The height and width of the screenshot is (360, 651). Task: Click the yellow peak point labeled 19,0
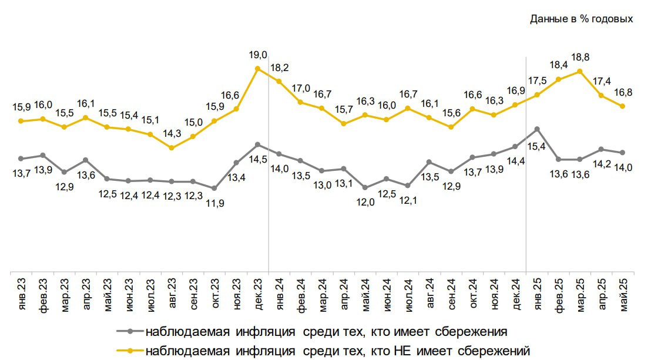[x=257, y=68]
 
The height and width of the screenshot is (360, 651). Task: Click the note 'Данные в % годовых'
[x=581, y=19]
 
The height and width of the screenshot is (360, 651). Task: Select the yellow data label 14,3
[x=172, y=133]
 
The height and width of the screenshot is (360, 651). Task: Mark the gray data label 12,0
[x=364, y=202]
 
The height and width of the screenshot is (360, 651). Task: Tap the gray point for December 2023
[x=257, y=144]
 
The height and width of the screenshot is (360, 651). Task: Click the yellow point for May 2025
[x=622, y=106]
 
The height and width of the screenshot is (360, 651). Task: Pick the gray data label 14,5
[x=257, y=159]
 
